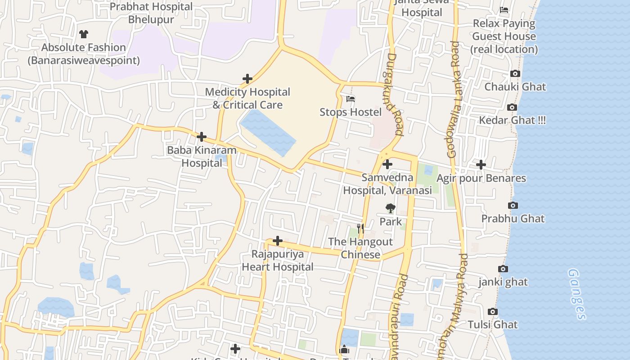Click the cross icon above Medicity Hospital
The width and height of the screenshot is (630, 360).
pyautogui.click(x=247, y=79)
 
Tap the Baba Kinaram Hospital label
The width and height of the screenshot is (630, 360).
pyautogui.click(x=202, y=156)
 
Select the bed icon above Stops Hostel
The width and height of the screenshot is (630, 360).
pyautogui.click(x=351, y=99)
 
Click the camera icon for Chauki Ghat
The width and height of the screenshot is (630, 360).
pyautogui.click(x=515, y=73)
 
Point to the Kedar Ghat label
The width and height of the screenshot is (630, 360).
pyautogui.click(x=512, y=120)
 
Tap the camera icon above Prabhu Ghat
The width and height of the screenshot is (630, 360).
pyautogui.click(x=513, y=205)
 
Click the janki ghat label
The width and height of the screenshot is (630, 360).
pyautogui.click(x=503, y=282)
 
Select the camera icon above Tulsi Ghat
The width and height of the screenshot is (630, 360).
pyautogui.click(x=493, y=311)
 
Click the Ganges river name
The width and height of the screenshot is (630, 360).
pyautogui.click(x=576, y=294)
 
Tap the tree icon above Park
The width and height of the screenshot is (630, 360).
pyautogui.click(x=390, y=208)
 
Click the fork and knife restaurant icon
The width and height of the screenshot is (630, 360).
pyautogui.click(x=360, y=229)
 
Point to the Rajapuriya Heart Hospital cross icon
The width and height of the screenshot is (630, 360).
pyautogui.click(x=278, y=241)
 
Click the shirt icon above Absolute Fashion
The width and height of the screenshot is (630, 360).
pyautogui.click(x=83, y=34)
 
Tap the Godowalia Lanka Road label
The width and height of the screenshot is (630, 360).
pyautogui.click(x=454, y=99)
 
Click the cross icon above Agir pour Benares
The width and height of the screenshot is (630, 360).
pyautogui.click(x=481, y=165)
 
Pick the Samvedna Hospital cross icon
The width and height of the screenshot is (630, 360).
pyautogui.click(x=387, y=164)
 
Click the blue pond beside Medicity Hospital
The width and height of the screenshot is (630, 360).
pyautogui.click(x=268, y=132)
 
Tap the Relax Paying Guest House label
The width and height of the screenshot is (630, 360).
pyautogui.click(x=504, y=36)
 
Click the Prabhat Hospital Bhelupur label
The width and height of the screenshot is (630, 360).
pyautogui.click(x=151, y=13)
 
